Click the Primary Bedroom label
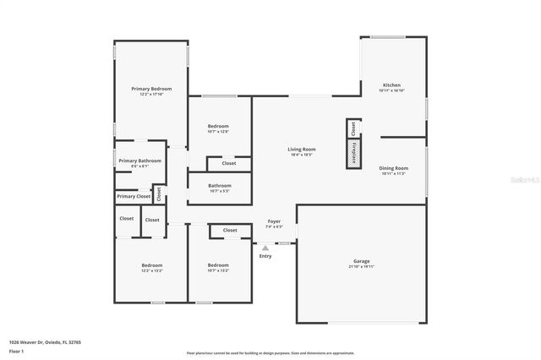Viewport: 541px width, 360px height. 151,89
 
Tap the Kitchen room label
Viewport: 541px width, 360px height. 391,85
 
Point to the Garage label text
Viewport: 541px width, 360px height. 362,261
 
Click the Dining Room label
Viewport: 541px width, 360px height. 393,168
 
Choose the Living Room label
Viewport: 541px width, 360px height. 302,150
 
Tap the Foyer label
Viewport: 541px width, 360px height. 274,221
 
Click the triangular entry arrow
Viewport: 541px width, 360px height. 265,248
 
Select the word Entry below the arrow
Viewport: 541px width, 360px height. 265,256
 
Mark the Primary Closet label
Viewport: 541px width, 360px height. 134,196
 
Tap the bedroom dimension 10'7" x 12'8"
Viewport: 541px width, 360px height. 218,131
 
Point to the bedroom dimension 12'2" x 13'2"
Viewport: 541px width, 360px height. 151,270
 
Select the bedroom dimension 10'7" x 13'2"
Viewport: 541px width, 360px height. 218,270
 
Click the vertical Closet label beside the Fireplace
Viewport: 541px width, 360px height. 352,128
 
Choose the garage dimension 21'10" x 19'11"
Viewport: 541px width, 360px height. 362,266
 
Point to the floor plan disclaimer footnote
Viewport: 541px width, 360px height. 270,352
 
